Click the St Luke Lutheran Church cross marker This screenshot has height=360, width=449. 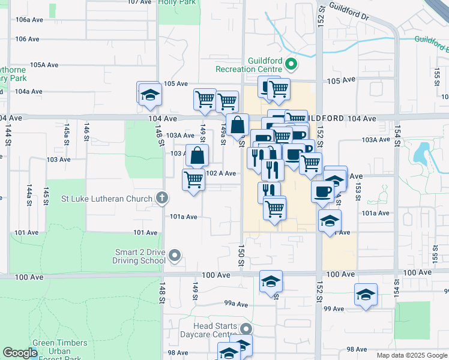click(x=161, y=197)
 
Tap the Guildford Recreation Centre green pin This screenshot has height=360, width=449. click(x=291, y=63)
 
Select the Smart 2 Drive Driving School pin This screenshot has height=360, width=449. click(x=175, y=256)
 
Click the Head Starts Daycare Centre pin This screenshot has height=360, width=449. click(x=246, y=329)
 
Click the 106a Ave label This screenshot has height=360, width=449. click(x=29, y=20)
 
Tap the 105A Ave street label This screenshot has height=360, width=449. click(x=44, y=65)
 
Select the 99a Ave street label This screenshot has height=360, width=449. click(x=236, y=304)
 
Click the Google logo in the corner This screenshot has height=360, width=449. click(x=20, y=353)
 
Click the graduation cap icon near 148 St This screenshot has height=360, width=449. click(x=149, y=94)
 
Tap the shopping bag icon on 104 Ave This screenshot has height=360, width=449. click(x=238, y=125)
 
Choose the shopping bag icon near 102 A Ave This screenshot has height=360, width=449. click(x=197, y=155)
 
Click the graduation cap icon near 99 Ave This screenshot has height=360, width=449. click(x=365, y=295)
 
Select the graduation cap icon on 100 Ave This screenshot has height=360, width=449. click(x=271, y=281)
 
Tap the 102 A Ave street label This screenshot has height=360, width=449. click(x=220, y=173)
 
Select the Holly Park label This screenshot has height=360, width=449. click(x=179, y=3)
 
